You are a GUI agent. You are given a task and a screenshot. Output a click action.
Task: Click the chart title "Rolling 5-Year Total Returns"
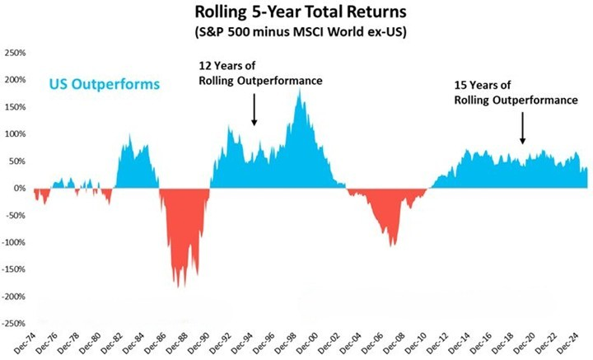tap(301, 13)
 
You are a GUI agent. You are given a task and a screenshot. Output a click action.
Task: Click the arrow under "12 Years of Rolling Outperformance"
tap(254, 110)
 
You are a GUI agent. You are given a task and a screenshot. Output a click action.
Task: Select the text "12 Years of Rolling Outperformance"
tap(259, 72)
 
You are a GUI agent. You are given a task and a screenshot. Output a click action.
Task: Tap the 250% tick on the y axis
tap(16, 53)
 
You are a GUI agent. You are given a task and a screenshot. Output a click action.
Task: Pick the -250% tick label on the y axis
tap(15, 324)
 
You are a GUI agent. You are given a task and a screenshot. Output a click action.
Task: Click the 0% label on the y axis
tap(21, 189)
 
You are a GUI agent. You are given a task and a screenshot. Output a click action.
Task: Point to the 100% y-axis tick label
tap(16, 134)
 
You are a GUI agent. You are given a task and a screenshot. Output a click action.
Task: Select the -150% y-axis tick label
tap(15, 269)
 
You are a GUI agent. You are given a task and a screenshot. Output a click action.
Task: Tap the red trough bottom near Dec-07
tap(394, 245)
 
